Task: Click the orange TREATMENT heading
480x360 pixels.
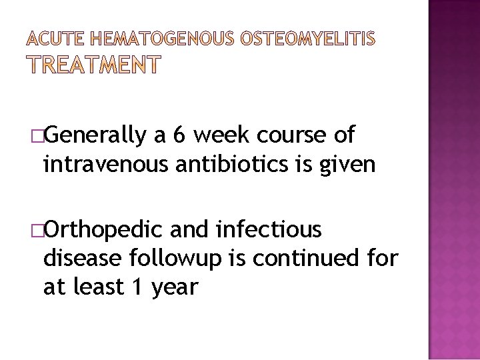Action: pos(93,65)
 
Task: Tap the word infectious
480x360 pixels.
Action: pos(269,230)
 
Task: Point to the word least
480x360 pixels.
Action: pos(99,287)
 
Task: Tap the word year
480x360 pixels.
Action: pos(175,288)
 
